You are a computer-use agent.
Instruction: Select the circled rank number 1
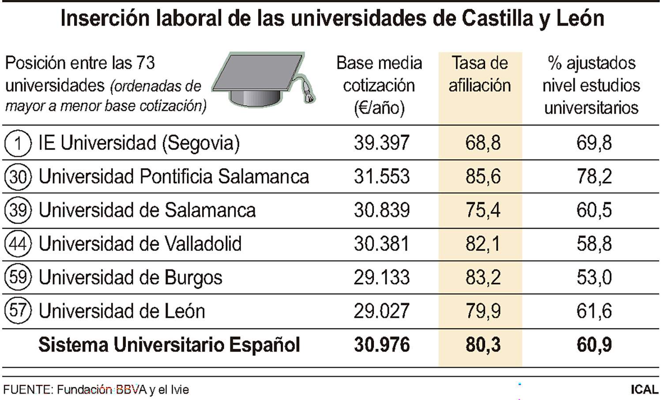click(x=18, y=143)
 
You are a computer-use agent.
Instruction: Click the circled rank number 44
click(x=18, y=244)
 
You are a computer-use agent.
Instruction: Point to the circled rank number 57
click(x=18, y=311)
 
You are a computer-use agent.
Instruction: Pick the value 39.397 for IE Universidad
click(x=382, y=143)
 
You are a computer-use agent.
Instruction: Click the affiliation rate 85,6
click(x=483, y=177)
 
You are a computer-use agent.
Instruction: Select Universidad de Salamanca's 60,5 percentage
click(x=594, y=210)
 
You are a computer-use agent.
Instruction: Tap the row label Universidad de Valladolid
click(x=140, y=244)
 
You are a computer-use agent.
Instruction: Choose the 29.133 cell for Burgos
click(x=382, y=277)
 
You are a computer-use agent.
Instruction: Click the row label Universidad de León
click(x=122, y=311)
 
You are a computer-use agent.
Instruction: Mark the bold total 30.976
click(x=382, y=345)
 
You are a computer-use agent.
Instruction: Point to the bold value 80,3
click(x=483, y=345)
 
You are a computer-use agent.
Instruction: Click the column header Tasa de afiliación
click(x=480, y=74)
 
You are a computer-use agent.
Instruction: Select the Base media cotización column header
click(x=379, y=85)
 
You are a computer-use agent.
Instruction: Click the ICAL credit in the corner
click(x=644, y=390)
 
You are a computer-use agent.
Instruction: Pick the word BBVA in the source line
click(x=131, y=390)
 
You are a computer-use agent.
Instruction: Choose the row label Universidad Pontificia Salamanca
click(x=173, y=177)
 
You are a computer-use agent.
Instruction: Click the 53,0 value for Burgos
click(x=594, y=277)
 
